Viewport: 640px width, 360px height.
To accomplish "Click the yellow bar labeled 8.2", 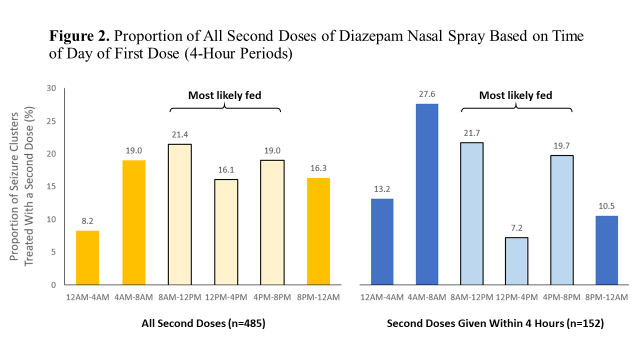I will point(87,257).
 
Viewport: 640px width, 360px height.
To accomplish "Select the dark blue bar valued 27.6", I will point(427,194).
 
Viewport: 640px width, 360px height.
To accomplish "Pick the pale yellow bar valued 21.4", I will point(179,214).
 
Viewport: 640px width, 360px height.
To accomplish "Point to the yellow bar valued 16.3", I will point(318,231).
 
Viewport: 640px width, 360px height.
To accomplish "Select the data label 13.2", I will point(382,189).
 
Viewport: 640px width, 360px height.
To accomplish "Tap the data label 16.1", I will point(226,170).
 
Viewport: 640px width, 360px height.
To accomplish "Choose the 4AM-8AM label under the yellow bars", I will point(133,297).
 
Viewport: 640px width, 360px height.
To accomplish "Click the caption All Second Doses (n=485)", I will point(203,323).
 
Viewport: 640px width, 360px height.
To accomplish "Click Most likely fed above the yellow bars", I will point(224,95).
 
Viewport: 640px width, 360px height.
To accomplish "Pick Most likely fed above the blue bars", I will point(515,95).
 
